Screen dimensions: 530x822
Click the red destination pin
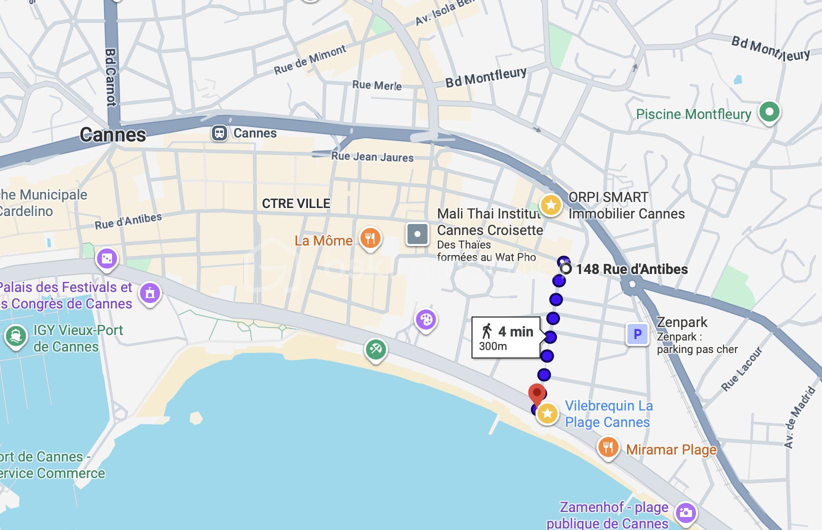tap(537, 394)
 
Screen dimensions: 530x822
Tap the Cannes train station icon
tap(219, 133)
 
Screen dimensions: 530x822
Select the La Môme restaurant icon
tap(370, 238)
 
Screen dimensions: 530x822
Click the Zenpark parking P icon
tap(637, 334)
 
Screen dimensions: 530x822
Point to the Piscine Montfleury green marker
tap(769, 111)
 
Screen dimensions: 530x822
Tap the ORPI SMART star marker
tap(550, 205)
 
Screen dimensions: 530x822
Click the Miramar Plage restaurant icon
tap(607, 446)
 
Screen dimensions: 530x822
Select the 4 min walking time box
tap(506, 337)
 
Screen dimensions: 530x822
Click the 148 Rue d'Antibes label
tap(631, 269)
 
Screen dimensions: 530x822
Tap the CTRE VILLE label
tap(296, 203)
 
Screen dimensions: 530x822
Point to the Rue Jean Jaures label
tap(372, 157)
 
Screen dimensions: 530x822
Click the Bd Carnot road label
tap(111, 77)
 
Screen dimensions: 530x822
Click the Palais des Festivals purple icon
tap(149, 293)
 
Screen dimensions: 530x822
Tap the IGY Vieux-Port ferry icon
tap(15, 336)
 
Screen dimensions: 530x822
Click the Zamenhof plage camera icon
tap(685, 512)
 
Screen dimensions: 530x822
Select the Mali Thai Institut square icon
tap(417, 234)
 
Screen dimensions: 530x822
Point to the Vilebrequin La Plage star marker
tap(547, 413)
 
